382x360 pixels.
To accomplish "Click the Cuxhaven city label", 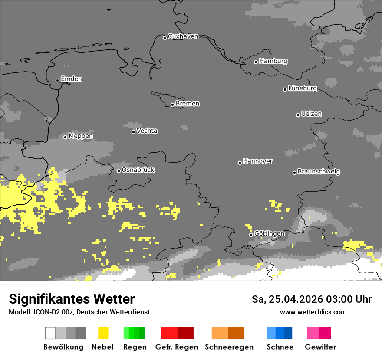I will coord(183,36).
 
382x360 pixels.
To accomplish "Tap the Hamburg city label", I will coord(273,61).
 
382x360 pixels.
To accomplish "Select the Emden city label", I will coord(71,79).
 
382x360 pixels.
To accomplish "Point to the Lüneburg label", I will coord(303,88).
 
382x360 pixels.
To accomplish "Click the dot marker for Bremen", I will coord(172,105).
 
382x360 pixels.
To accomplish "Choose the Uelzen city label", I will coord(311,114).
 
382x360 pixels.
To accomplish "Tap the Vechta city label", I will coord(147,131).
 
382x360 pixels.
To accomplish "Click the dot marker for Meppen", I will coord(65,137).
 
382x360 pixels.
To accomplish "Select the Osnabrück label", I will coord(138,170).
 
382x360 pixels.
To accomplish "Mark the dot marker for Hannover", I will coord(240,163).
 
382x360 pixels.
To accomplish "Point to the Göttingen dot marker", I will coord(251,235).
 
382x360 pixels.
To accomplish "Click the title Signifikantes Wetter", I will coord(72,299).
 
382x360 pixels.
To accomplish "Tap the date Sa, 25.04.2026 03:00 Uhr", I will coord(312,299).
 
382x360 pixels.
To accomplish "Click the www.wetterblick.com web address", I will coord(313,312).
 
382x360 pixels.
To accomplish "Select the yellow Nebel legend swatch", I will coord(103,333).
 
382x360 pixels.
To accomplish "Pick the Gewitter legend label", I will coord(320,347).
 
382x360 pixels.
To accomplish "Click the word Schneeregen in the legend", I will coord(229,347).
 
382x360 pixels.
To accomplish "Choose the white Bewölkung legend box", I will coord(50,333).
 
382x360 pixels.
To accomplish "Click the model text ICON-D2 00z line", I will coord(79,312).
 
